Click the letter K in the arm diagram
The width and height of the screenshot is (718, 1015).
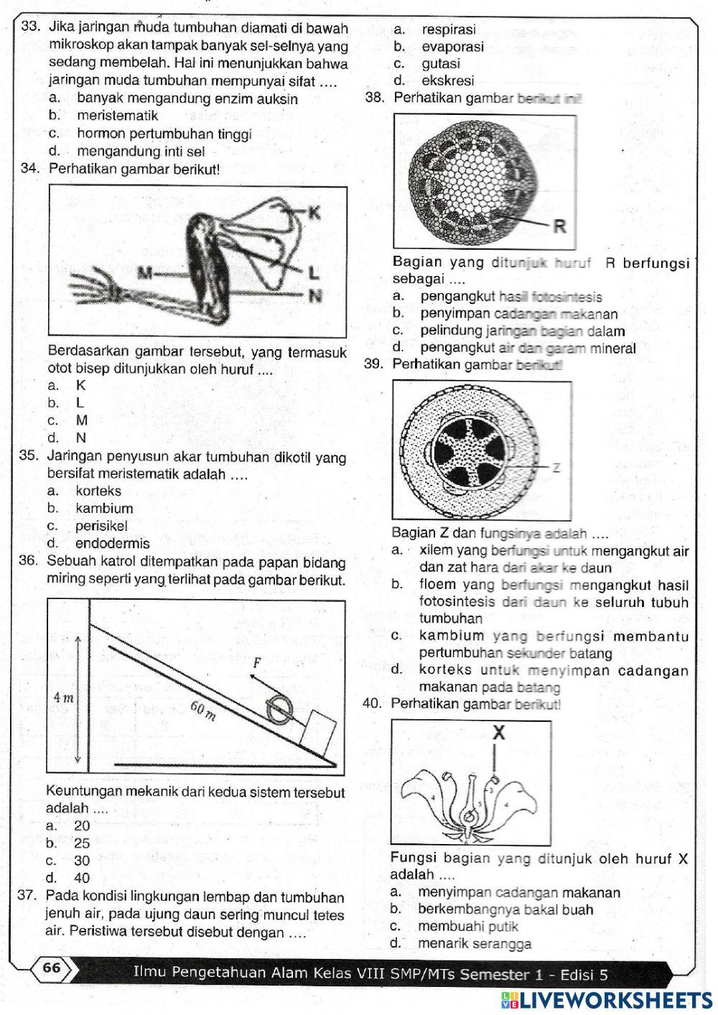coord(313,212)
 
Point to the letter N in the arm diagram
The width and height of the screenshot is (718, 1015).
coord(314,295)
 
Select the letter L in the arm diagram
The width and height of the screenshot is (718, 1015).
coord(313,272)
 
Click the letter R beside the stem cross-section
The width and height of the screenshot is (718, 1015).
coord(559,227)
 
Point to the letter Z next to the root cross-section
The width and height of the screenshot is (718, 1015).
coord(556,467)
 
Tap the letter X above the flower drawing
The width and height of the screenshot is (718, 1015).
coord(499,733)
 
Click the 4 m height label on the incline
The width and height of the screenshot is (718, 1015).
coord(64,697)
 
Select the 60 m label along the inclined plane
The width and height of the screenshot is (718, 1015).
coord(202,710)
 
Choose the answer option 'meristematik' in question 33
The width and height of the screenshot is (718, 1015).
coord(117,116)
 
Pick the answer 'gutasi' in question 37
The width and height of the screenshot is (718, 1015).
coord(440,63)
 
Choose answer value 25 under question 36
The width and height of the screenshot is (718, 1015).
coord(82,843)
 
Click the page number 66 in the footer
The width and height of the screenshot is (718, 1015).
coord(52,968)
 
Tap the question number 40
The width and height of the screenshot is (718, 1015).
coord(372,704)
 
